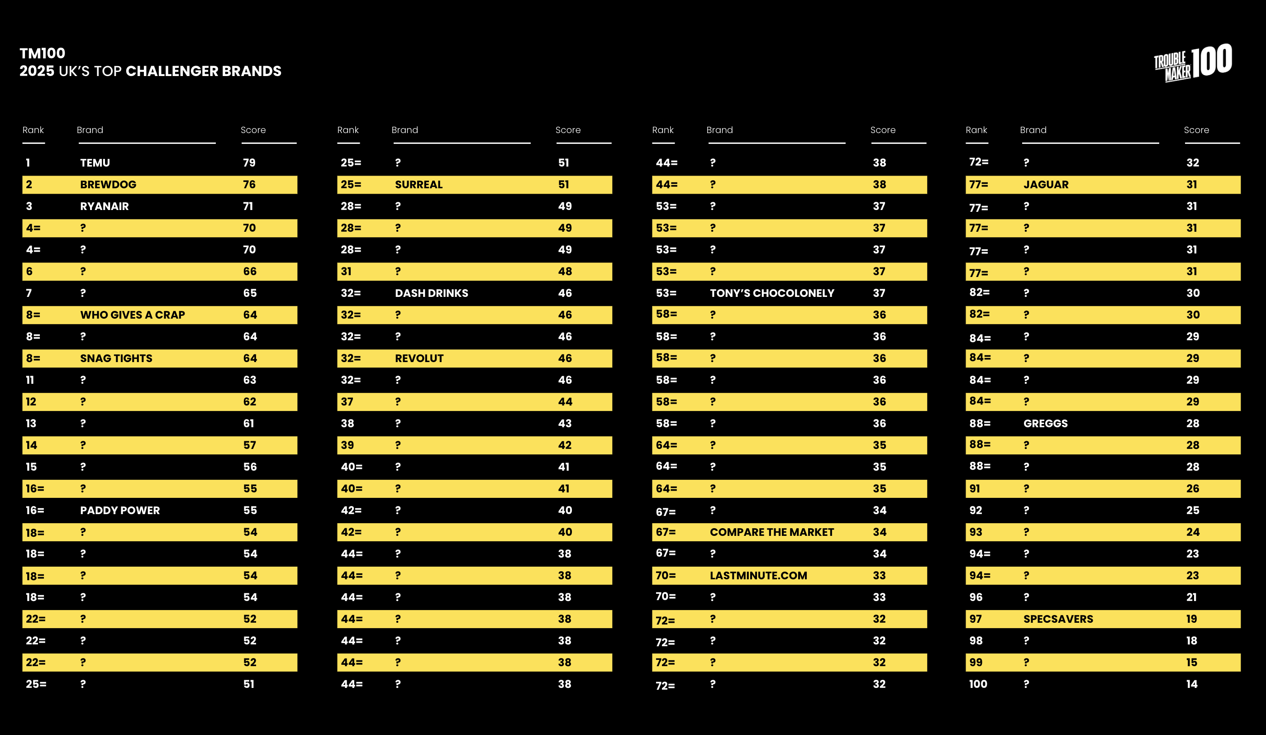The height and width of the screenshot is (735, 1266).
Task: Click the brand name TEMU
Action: (95, 163)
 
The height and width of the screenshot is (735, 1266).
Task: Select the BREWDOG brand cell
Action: (108, 184)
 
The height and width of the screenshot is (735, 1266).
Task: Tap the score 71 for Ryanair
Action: (248, 206)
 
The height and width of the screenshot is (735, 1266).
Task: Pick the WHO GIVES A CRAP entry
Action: (133, 315)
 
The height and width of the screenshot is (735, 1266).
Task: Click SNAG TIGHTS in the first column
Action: (116, 358)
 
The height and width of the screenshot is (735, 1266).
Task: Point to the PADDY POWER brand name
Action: (120, 511)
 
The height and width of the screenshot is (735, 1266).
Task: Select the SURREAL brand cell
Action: (419, 184)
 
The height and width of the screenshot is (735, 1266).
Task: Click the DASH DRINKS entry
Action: (432, 293)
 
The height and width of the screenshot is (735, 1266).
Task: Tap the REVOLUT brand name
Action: (419, 358)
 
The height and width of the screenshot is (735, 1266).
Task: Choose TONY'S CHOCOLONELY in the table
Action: (771, 293)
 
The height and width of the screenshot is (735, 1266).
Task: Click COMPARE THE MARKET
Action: (771, 532)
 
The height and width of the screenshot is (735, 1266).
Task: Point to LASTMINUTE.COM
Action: (758, 576)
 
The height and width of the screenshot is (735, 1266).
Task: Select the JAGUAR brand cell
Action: (1046, 184)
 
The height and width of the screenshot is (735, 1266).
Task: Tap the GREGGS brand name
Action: (1046, 424)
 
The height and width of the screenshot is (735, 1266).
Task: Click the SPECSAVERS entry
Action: (1058, 619)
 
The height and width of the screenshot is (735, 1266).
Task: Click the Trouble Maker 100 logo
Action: (1193, 63)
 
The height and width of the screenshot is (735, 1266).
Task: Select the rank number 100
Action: (978, 684)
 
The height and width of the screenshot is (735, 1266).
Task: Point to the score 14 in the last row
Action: (1192, 684)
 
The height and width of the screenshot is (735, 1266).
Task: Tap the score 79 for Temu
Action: (249, 163)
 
